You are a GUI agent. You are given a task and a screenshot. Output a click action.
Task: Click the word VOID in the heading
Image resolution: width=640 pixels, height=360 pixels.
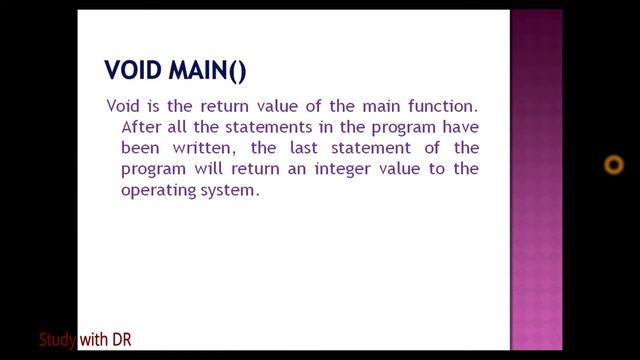133,70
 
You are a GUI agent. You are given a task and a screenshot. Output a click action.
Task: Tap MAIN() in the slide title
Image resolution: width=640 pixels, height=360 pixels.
206,70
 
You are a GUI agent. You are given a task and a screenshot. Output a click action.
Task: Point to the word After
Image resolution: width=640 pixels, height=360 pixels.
140,127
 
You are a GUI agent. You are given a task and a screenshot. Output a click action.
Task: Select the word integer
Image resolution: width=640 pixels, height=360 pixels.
329,169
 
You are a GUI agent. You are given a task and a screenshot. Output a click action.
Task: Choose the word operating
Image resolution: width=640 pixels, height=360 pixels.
155,190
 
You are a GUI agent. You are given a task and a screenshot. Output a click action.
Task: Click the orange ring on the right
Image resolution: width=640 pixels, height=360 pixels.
614,165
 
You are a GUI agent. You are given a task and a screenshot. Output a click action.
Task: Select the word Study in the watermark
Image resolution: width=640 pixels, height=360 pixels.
57,340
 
